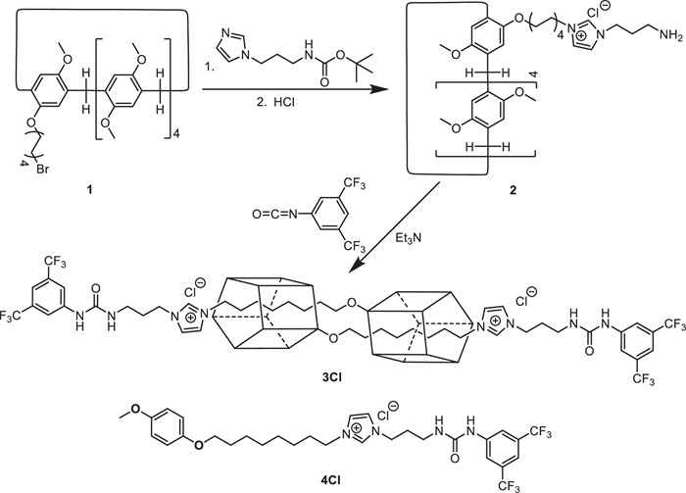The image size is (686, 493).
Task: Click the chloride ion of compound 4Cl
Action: click(x=390, y=404)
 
